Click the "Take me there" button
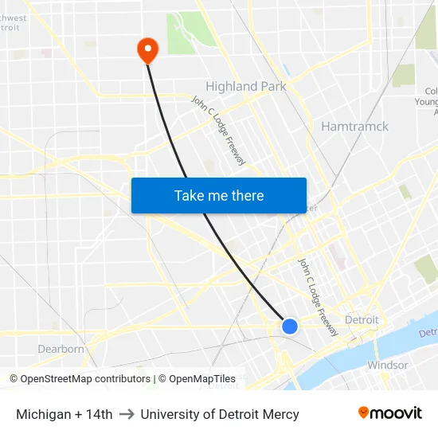[218, 195]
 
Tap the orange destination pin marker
[147, 49]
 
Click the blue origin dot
[290, 326]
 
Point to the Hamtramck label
[354, 126]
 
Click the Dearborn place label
[61, 349]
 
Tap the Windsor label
[387, 365]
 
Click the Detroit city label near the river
[362, 319]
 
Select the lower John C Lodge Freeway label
[318, 295]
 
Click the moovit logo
[390, 413]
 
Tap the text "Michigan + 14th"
[65, 414]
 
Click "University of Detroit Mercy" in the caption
[220, 414]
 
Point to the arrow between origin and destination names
[127, 414]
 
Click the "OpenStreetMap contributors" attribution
[80, 379]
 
